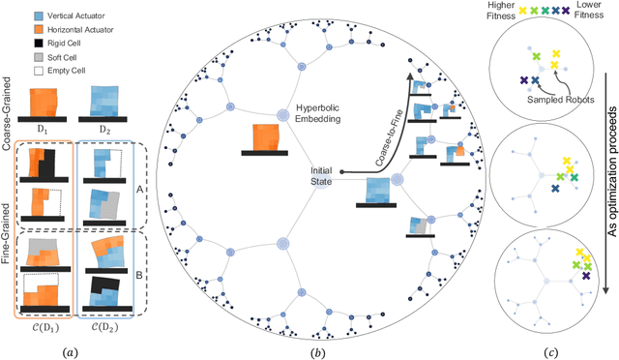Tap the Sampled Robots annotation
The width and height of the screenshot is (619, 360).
tap(555, 101)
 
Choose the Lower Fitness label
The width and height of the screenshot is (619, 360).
tap(598, 12)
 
